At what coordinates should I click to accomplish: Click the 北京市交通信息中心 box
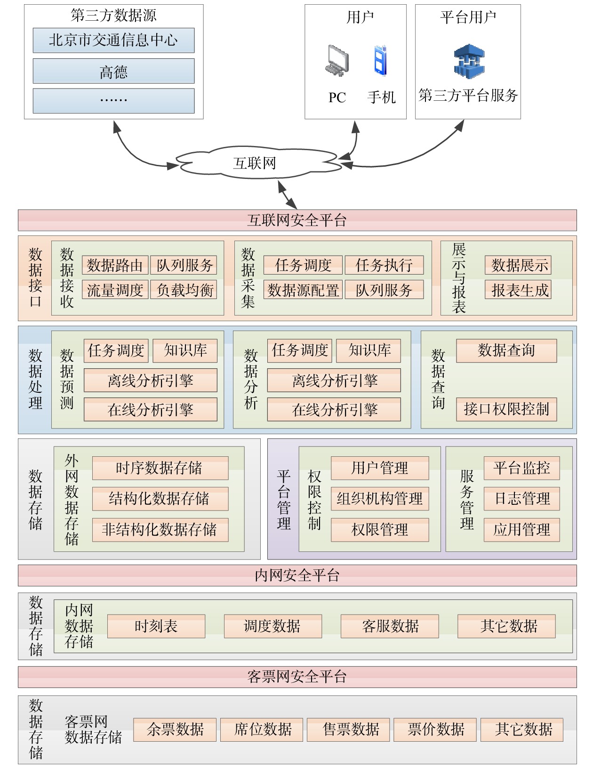pyautogui.click(x=113, y=40)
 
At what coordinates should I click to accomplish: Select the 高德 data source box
pyautogui.click(x=113, y=71)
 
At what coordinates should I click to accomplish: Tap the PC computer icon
pyautogui.click(x=337, y=61)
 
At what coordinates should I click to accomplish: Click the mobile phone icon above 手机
pyautogui.click(x=380, y=61)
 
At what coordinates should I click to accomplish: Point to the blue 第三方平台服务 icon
pyautogui.click(x=469, y=61)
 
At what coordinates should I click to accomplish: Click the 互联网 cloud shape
pyautogui.click(x=255, y=163)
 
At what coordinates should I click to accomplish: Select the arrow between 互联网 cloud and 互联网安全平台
pyautogui.click(x=288, y=194)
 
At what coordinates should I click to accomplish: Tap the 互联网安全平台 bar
pyautogui.click(x=297, y=220)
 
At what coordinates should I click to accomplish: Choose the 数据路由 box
pyautogui.click(x=115, y=265)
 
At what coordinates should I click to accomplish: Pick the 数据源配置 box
pyautogui.click(x=303, y=290)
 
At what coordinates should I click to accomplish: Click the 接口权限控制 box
pyautogui.click(x=506, y=409)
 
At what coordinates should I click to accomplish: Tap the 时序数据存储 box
pyautogui.click(x=160, y=468)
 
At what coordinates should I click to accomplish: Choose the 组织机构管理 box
pyautogui.click(x=380, y=498)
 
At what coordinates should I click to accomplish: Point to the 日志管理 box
pyautogui.click(x=521, y=498)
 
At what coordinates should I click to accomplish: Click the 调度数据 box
pyautogui.click(x=272, y=626)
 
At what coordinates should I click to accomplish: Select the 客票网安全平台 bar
pyautogui.click(x=297, y=677)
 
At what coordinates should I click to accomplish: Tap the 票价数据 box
pyautogui.click(x=435, y=729)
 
